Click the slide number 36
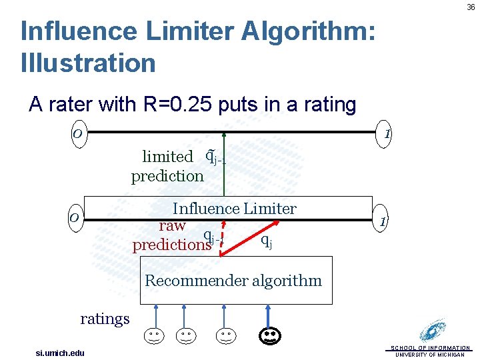(x=471, y=7)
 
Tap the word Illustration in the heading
(x=88, y=63)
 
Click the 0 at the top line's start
(x=77, y=134)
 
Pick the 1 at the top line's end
(x=387, y=134)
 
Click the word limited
(x=167, y=157)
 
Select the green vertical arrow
(x=225, y=167)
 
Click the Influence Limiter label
(x=234, y=209)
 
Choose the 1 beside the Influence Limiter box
(x=382, y=221)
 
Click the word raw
(x=172, y=225)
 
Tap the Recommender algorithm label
(x=233, y=281)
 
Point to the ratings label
(x=105, y=319)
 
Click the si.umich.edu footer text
(x=60, y=353)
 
